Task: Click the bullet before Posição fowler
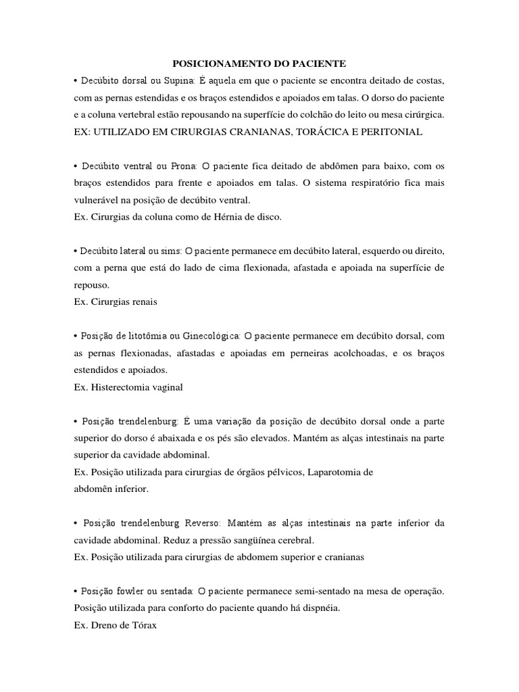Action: pos(76,591)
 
